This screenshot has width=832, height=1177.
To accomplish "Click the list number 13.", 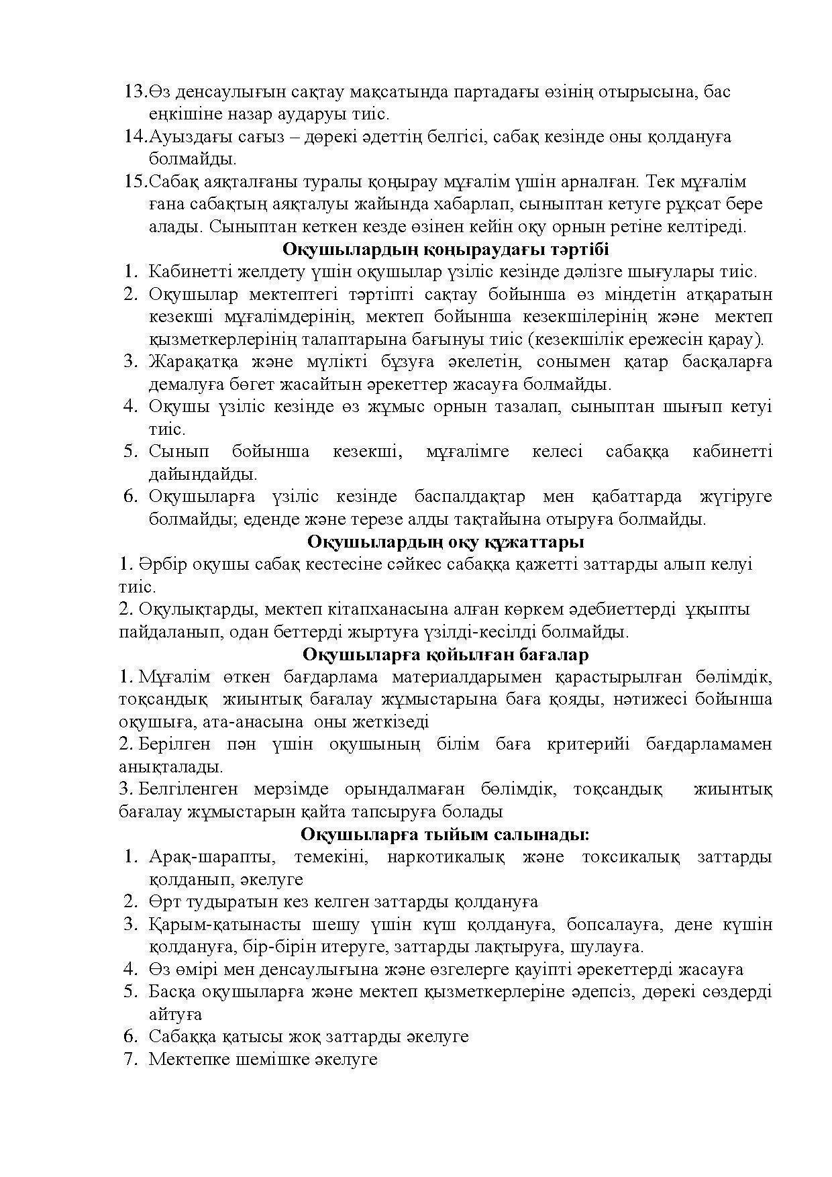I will tap(135, 92).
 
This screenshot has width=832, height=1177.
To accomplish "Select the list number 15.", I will tap(135, 182).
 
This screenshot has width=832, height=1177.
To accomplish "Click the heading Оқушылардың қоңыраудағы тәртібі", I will tap(445, 250).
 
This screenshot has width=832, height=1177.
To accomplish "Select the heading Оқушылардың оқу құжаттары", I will tap(445, 542).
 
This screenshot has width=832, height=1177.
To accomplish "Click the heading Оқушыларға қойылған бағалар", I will tap(445, 654).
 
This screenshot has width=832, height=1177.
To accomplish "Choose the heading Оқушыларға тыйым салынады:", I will tap(445, 834).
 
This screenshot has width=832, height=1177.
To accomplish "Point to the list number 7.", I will tap(130, 1060).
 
